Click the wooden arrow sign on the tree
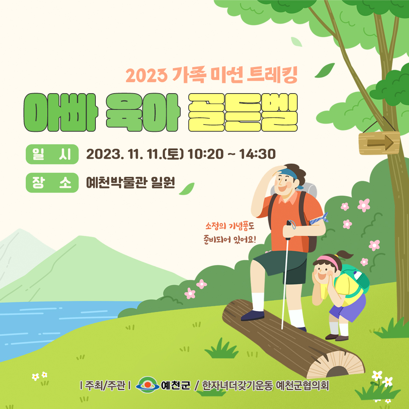pos(379,143)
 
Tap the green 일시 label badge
pos(52,154)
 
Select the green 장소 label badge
pos(52,183)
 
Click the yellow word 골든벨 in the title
pos(243,112)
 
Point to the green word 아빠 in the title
pos(61,112)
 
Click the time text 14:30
pos(257,154)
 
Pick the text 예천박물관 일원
pos(130,183)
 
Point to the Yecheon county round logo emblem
pos(148,385)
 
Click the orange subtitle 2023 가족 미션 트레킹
pos(212,75)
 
